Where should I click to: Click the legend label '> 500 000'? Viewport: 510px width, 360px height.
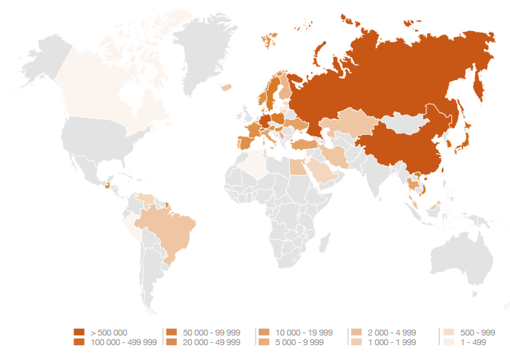point(108,332)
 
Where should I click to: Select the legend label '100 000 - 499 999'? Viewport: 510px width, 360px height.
point(123,342)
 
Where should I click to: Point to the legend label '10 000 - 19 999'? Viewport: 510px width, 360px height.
point(304,332)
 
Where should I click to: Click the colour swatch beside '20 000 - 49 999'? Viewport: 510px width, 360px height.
point(170,342)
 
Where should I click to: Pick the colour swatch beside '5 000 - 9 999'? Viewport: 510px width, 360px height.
point(263,342)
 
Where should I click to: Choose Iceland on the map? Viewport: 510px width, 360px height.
point(227,87)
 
